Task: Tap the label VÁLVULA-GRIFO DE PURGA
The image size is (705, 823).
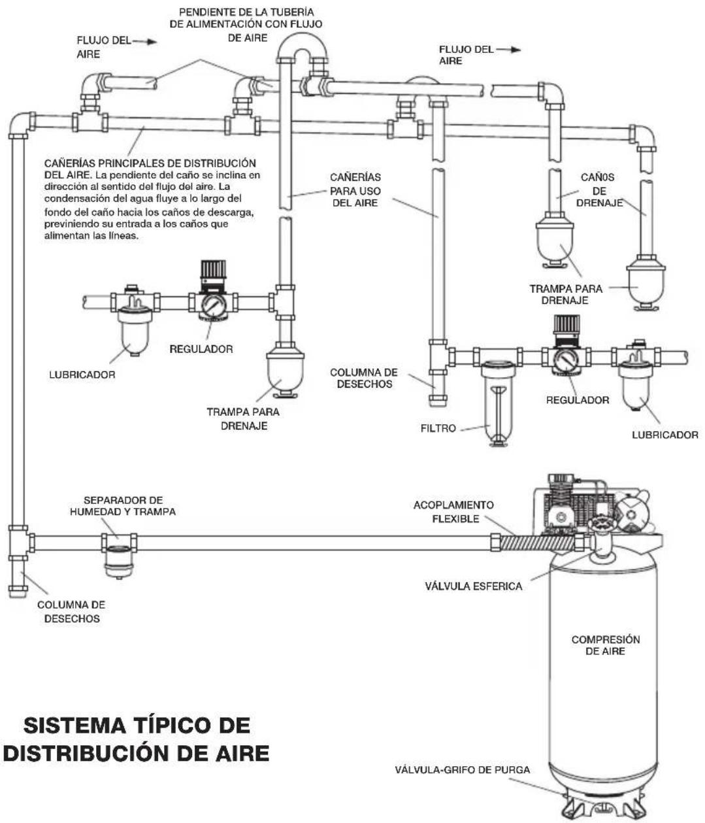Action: coord(462,769)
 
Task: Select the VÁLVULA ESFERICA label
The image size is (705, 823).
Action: coord(473,586)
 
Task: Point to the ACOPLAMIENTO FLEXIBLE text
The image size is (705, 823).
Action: coord(453,512)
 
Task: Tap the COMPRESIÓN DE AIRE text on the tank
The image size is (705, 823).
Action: coord(605,645)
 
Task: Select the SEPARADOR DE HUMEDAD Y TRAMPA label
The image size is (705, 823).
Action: coord(123,506)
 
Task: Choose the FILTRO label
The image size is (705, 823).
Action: coord(437,429)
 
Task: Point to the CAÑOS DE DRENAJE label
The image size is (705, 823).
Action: coord(598,191)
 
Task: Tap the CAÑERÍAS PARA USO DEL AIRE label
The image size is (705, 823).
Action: coord(355,190)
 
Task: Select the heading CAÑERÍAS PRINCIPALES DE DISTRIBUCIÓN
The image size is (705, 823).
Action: coord(150,163)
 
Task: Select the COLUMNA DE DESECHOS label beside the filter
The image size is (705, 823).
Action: coord(363,378)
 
